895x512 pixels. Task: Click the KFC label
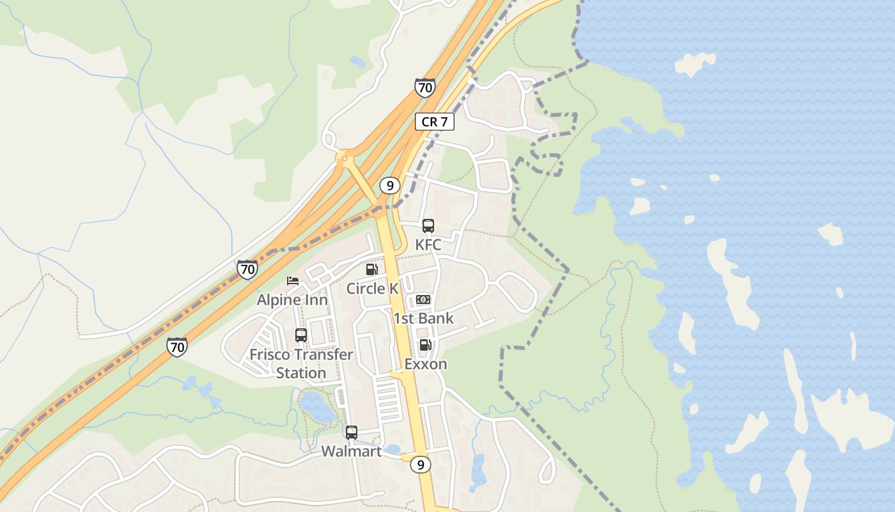428,244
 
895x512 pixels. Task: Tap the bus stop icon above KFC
428,226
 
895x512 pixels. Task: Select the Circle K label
372,289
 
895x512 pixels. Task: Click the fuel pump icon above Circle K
371,269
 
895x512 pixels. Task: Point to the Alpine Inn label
292,300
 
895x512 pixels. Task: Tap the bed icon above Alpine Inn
293,281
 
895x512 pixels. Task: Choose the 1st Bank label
423,318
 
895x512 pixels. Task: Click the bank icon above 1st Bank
423,300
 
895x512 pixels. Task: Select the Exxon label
426,364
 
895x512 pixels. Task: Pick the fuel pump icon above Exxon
425,346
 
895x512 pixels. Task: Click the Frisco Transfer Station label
301,364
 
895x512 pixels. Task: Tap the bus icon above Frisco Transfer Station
301,335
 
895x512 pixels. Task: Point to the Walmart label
351,451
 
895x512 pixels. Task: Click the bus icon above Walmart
351,433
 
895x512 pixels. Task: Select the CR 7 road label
435,122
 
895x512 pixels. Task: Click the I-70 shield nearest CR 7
424,88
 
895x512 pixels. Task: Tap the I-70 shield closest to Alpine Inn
247,269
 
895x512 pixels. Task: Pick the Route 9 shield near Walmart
420,465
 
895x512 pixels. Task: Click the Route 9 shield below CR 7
389,186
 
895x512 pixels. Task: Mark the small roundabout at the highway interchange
345,157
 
